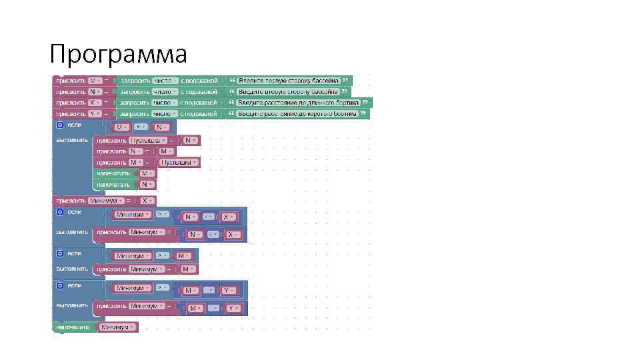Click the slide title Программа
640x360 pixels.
click(119, 53)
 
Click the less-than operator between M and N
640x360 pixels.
click(140, 127)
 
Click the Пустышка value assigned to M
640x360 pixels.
click(178, 162)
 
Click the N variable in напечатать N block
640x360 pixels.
click(145, 184)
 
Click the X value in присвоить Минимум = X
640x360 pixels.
click(145, 200)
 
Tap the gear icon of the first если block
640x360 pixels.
click(60, 125)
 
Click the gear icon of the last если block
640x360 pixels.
click(60, 285)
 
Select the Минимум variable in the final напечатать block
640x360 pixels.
click(117, 327)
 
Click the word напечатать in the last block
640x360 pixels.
click(73, 327)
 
